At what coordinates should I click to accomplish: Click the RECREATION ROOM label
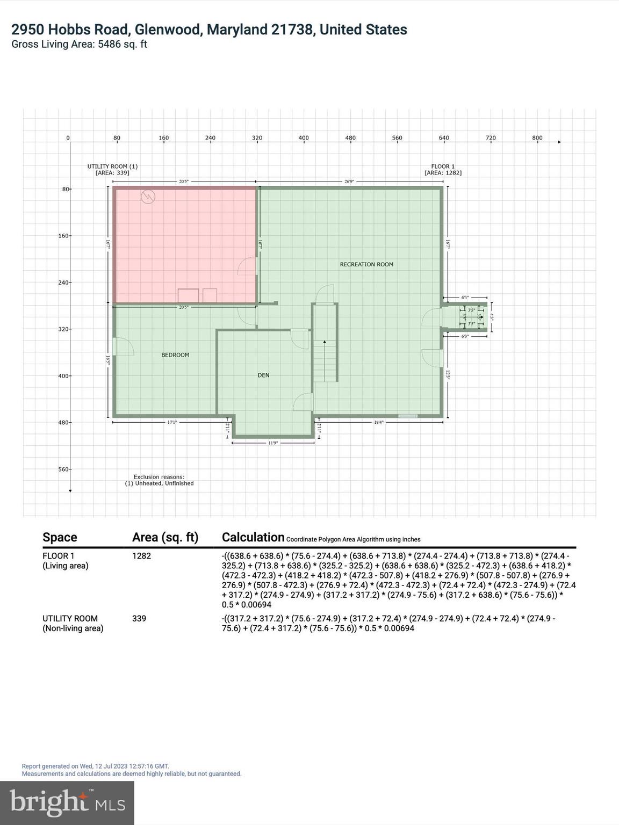click(x=366, y=264)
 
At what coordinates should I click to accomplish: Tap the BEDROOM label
click(x=175, y=355)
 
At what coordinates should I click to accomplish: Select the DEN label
click(x=263, y=375)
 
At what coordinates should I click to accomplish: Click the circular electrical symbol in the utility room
click(x=148, y=197)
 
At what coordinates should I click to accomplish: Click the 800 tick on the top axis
click(x=537, y=138)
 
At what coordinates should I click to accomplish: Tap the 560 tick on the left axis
click(x=63, y=469)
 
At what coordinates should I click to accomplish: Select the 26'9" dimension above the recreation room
click(x=349, y=182)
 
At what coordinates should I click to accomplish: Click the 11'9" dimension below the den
click(x=273, y=443)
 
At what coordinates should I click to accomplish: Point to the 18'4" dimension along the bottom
click(x=378, y=423)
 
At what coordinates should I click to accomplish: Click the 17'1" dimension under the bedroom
click(x=172, y=423)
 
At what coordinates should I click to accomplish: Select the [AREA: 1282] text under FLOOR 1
click(x=443, y=173)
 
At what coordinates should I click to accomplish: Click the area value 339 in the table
click(x=139, y=619)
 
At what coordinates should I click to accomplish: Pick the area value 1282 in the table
click(x=141, y=556)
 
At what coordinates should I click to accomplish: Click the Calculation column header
click(x=253, y=537)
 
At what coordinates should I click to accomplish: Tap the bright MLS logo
click(x=67, y=802)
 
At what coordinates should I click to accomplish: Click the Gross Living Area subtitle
click(x=79, y=45)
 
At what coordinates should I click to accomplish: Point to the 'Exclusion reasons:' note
click(x=159, y=476)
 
